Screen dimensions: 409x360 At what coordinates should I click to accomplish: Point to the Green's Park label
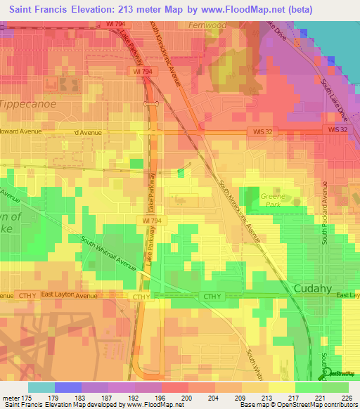(x=270, y=201)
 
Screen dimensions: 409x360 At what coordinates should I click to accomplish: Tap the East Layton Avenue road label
(x=69, y=296)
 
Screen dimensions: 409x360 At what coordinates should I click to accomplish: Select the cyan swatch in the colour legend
(x=41, y=387)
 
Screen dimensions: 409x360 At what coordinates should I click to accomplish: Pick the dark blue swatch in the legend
(x=67, y=387)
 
